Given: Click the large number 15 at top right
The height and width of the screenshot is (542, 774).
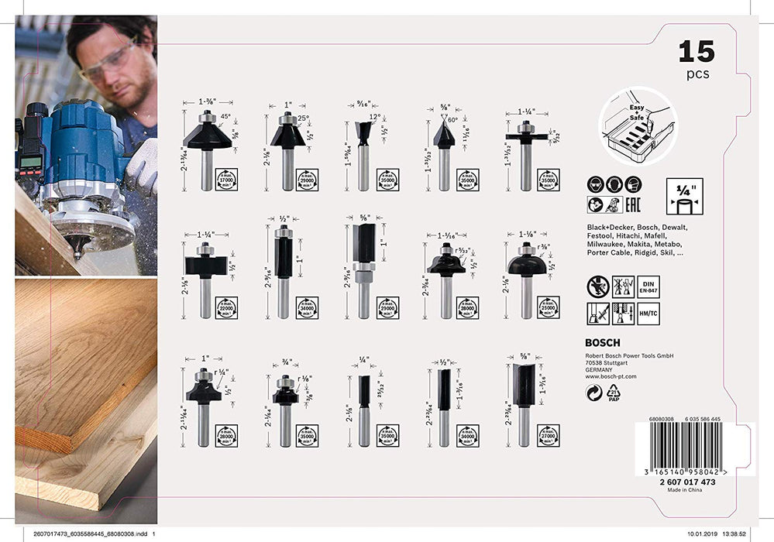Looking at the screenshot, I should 696,52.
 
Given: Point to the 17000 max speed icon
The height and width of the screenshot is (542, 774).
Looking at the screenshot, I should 227,179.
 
